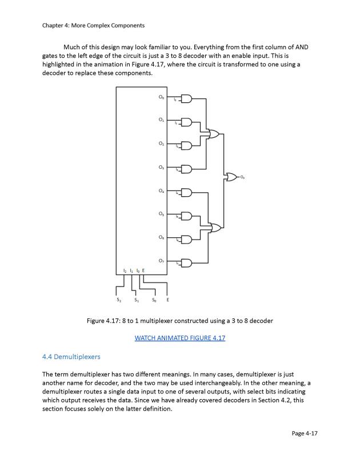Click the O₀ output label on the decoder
pos(162,98)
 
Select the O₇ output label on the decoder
pos(162,261)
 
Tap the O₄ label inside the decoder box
pos(162,191)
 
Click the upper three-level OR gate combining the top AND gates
pos(214,134)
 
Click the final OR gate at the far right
pos(233,177)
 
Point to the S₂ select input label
pos(119,300)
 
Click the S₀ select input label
pos(154,300)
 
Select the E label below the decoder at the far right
pos(167,300)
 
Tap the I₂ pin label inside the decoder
pos(125,270)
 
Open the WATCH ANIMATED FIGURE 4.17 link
pos(180,338)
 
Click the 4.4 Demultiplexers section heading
pos(71,357)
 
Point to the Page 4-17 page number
pos(304,433)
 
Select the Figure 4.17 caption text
pos(180,321)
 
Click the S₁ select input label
pos(136,300)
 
